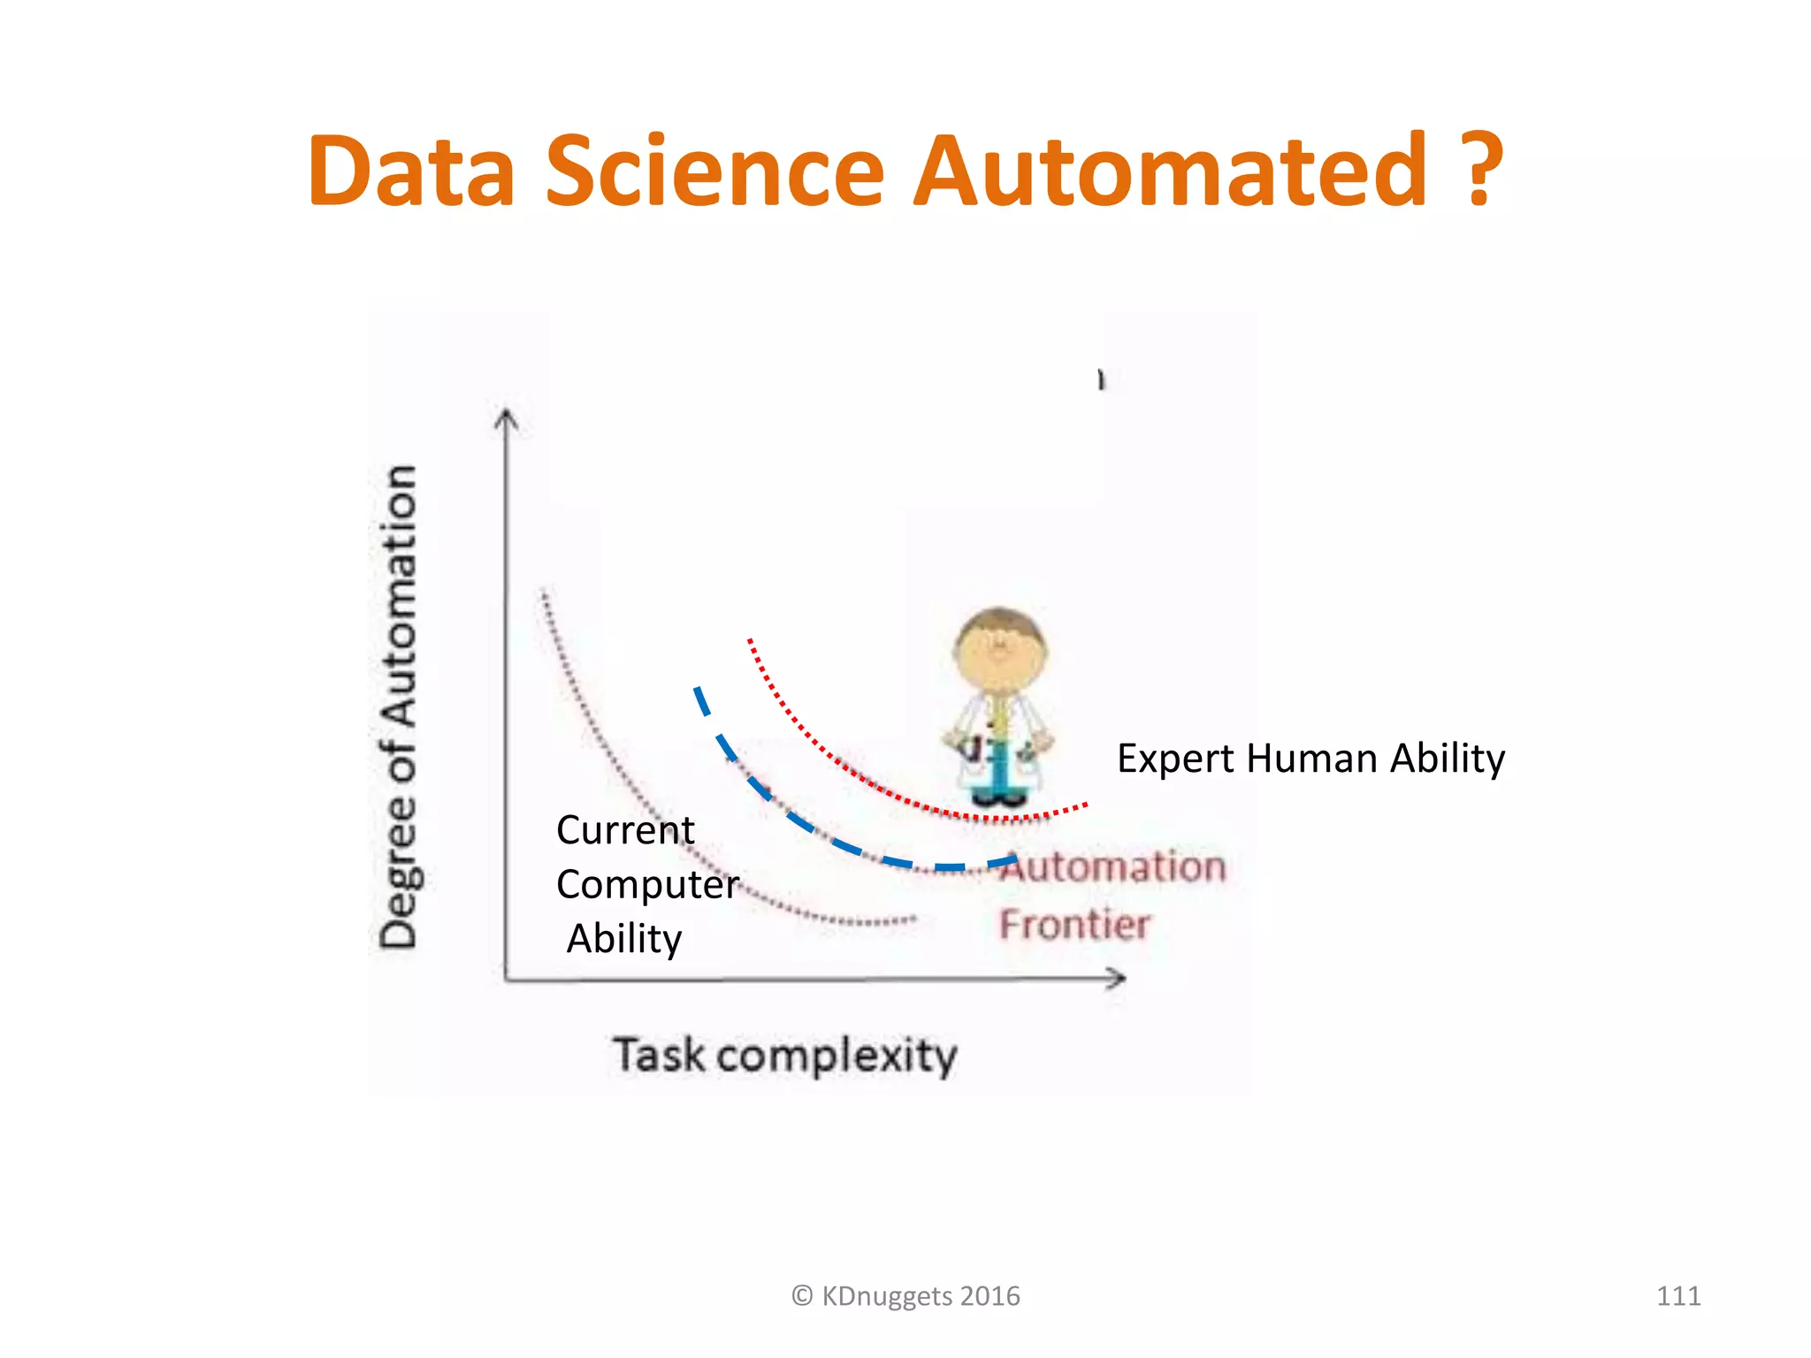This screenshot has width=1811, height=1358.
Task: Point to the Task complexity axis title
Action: (x=785, y=1056)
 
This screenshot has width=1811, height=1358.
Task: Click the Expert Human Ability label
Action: (x=1310, y=759)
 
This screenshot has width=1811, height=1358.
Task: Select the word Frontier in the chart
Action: (x=1074, y=925)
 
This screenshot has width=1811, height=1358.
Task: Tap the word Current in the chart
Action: (x=625, y=830)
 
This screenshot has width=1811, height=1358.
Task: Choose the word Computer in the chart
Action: (x=647, y=884)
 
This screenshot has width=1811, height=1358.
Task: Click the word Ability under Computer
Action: (x=624, y=938)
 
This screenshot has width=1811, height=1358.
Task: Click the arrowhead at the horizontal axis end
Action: (x=1117, y=978)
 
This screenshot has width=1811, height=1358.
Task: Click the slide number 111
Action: (x=1678, y=1296)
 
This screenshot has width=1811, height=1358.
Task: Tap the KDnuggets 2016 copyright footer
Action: (x=905, y=1296)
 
